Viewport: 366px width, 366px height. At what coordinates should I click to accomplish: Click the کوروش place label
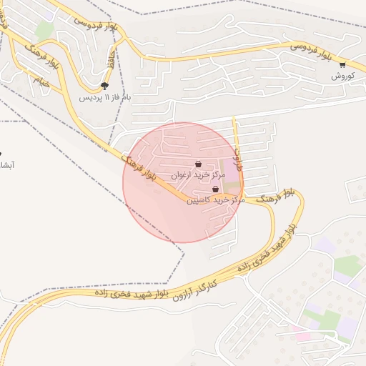342,76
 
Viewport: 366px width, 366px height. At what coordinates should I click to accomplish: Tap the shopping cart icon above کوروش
342,65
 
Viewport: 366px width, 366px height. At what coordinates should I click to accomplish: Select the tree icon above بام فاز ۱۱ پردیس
105,86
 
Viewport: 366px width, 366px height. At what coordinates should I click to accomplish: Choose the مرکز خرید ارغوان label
198,174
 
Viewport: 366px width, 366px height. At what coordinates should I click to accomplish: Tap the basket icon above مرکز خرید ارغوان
198,164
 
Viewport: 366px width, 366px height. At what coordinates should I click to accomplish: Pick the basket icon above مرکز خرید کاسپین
216,189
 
